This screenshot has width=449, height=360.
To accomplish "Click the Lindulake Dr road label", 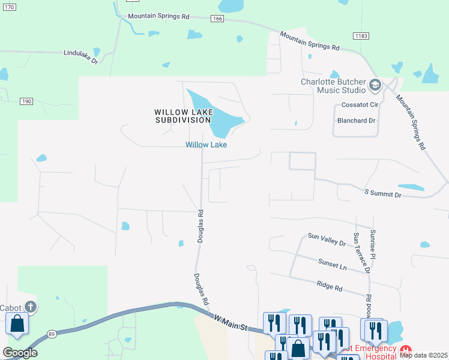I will [x=84, y=53].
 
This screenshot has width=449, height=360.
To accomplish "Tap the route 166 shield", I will [x=217, y=19].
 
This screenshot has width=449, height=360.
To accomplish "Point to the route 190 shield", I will [x=26, y=101].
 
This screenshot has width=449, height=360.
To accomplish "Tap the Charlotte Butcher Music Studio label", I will [x=333, y=86].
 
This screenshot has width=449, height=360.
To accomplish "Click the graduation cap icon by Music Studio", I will [x=376, y=85].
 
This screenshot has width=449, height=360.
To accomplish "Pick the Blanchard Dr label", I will [x=356, y=120].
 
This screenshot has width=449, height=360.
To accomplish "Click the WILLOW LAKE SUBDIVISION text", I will [x=182, y=116].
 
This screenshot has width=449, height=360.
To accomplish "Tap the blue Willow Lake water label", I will [x=206, y=145].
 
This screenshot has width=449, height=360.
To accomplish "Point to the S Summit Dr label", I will [x=383, y=194].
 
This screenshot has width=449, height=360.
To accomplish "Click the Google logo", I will [x=20, y=353].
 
